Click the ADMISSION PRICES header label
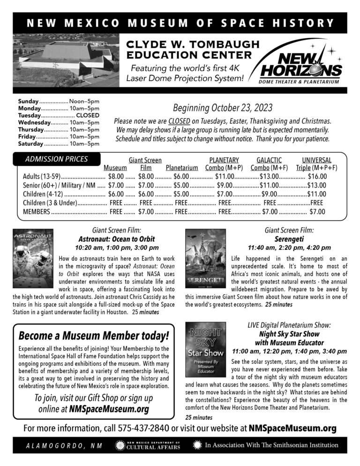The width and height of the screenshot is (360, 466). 56,159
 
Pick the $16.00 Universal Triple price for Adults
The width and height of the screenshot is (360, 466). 317,177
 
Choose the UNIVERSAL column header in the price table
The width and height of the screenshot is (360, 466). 316,160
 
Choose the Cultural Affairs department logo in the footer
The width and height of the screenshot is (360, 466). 148,445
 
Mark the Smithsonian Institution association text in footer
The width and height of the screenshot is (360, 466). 267,445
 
